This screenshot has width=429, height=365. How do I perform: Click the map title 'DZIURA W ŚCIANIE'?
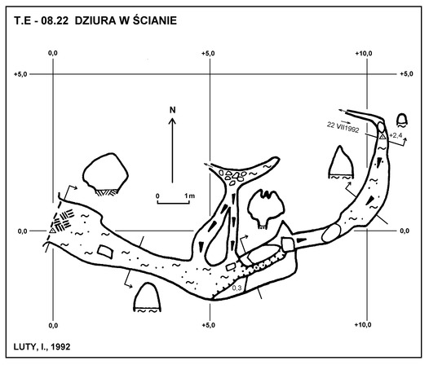coord(126,20)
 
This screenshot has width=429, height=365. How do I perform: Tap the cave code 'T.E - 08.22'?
coord(41,21)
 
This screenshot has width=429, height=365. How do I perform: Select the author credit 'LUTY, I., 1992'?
coord(42,347)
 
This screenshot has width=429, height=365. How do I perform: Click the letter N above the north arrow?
coord(172,110)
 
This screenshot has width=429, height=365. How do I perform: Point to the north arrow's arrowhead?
coord(172,121)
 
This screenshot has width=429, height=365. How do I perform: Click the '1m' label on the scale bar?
coord(189,196)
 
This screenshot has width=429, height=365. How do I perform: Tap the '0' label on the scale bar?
coord(157,196)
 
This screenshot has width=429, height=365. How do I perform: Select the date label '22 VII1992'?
coord(343,127)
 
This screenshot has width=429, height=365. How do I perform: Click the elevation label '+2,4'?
coord(395,135)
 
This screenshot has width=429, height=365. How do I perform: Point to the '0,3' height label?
coord(237,288)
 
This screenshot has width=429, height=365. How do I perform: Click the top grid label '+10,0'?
coord(364,54)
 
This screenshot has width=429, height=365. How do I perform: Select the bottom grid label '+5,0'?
coord(208,325)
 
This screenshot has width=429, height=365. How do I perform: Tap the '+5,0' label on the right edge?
coord(406,74)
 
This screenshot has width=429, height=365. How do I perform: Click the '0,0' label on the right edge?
coord(405,231)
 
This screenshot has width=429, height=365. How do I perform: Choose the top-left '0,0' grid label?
coord(53,53)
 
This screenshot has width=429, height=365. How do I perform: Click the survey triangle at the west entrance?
coord(52,231)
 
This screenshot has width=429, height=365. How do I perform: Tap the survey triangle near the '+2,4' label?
coord(383,136)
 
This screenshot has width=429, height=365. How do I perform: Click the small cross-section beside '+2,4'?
coord(402,121)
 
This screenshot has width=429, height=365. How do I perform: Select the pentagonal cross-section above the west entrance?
coord(105,174)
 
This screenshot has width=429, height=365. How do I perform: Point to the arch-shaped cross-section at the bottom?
coord(147,297)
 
